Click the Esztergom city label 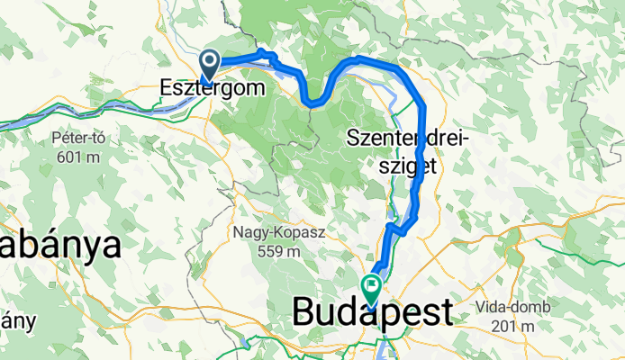[214, 88]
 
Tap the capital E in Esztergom [166, 87]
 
